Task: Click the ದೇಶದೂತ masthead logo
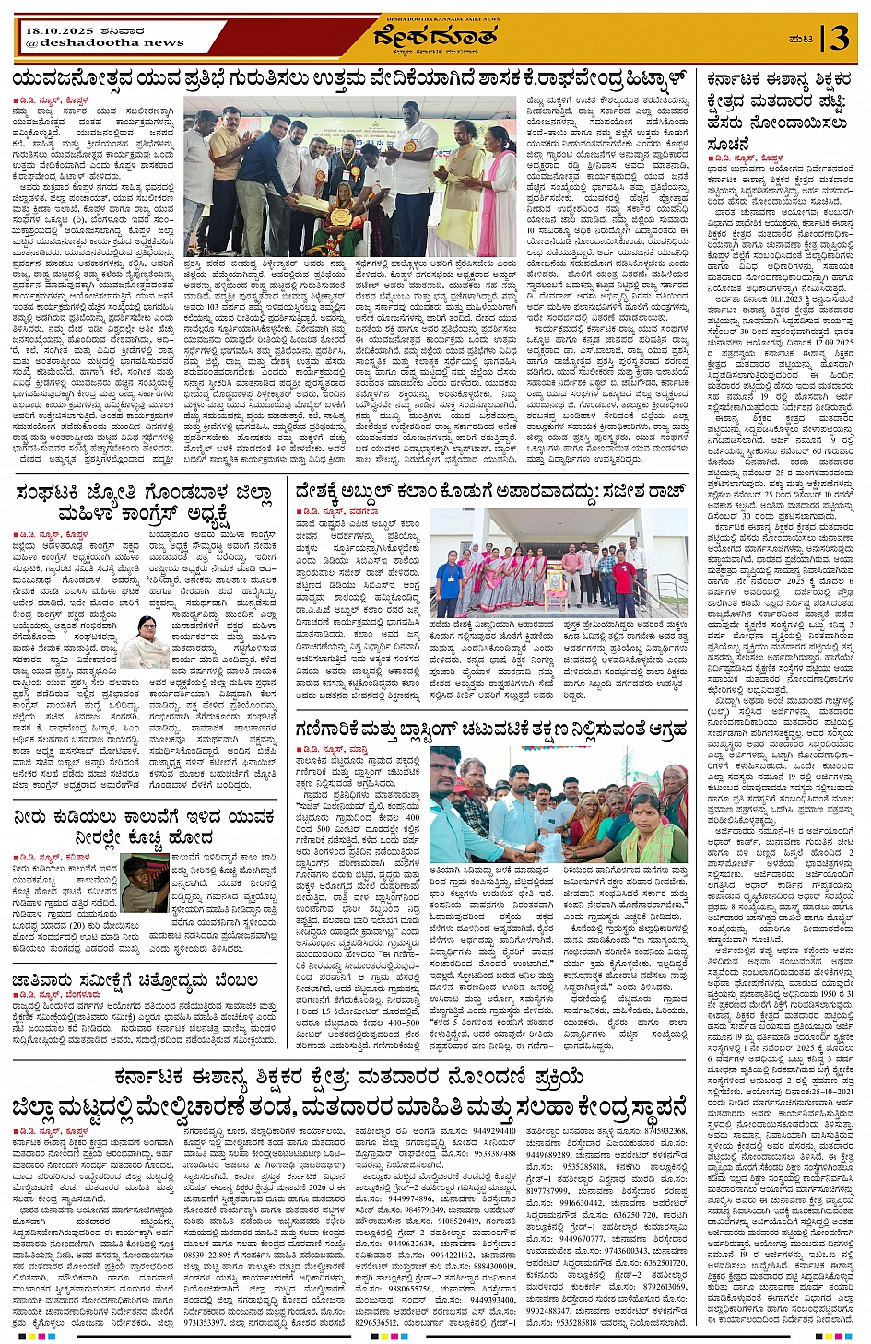click(435, 39)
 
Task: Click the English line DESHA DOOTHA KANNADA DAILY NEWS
click(436, 18)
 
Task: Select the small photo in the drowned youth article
click(146, 882)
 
